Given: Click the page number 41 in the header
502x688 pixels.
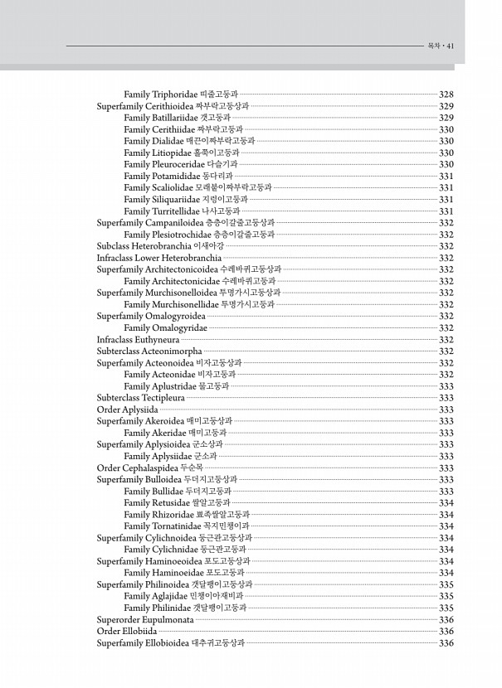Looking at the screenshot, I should [x=451, y=46].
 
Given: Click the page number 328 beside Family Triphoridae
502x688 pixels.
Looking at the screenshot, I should [x=446, y=95].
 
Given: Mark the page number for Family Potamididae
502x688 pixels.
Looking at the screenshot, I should [x=446, y=177].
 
